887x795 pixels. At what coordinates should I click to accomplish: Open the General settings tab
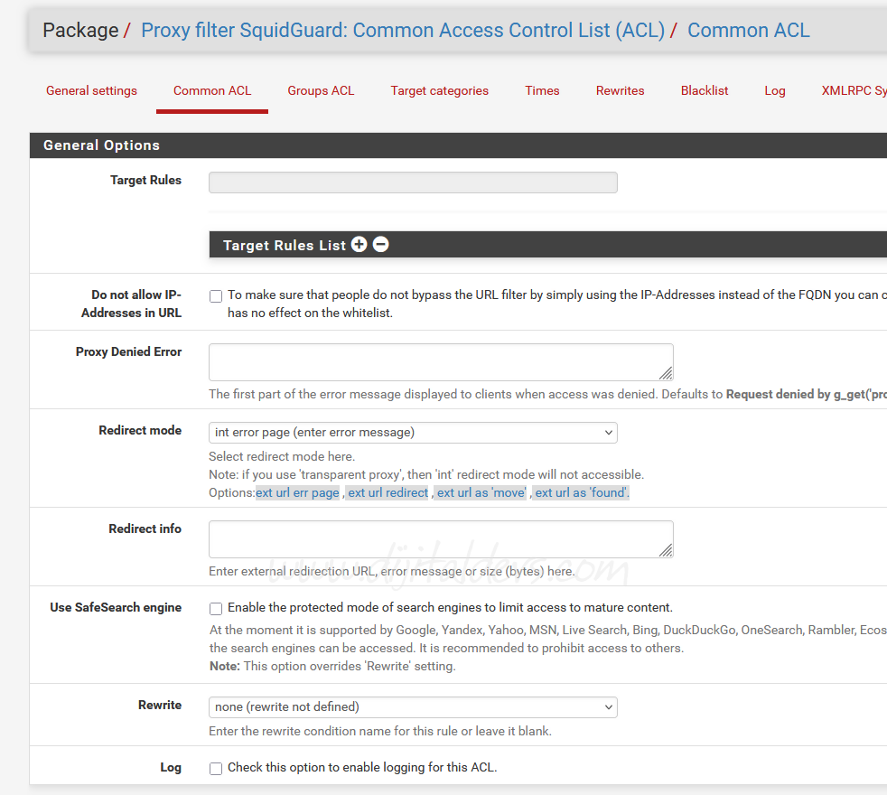[x=91, y=90]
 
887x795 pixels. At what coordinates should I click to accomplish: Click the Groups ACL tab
[x=321, y=90]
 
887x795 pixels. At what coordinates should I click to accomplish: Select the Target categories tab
[x=439, y=90]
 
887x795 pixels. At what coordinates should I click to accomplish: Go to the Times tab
[x=542, y=90]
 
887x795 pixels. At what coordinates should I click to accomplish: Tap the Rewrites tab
[x=620, y=90]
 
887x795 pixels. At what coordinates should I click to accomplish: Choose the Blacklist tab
[x=705, y=90]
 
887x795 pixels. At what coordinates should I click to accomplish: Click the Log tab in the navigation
[x=774, y=90]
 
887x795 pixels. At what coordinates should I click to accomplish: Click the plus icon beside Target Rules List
[x=359, y=244]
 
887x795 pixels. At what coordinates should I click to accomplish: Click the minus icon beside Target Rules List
[x=381, y=244]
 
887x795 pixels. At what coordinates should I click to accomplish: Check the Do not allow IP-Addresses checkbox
[x=216, y=295]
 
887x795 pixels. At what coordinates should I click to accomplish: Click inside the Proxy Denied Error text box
[x=440, y=361]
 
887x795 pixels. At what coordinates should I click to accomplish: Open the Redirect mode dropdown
[x=413, y=432]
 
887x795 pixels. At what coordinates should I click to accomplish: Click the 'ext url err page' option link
[x=297, y=492]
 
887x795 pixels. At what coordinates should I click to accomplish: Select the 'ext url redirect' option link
[x=387, y=492]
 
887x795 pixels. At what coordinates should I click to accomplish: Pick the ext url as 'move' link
[x=481, y=492]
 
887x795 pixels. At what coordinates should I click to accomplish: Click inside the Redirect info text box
[x=440, y=538]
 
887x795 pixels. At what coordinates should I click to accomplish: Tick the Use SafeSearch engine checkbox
[x=216, y=608]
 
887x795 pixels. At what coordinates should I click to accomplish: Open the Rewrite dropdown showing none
[x=413, y=706]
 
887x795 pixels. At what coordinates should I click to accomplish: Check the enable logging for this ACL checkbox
[x=216, y=768]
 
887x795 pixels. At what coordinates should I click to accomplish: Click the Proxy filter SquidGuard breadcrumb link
[x=403, y=31]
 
